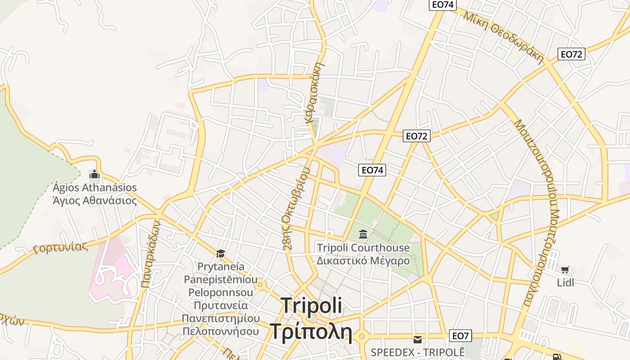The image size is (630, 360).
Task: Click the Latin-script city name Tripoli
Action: click(311, 306)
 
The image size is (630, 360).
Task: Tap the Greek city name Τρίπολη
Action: click(310, 331)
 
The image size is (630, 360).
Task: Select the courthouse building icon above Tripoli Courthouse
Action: click(363, 234)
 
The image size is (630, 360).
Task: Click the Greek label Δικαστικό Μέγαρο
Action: click(363, 261)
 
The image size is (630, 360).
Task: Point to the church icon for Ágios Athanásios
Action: click(94, 174)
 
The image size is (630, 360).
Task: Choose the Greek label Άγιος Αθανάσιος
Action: click(94, 200)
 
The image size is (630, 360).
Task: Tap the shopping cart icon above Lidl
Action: click(565, 270)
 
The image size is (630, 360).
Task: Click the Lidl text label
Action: click(565, 283)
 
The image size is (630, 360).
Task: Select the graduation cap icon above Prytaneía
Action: click(220, 253)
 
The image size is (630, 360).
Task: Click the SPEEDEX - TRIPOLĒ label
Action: click(417, 351)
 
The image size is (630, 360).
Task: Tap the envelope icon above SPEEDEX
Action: click(418, 339)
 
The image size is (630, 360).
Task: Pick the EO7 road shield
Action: click(460, 336)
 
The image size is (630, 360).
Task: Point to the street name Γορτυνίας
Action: click(60, 247)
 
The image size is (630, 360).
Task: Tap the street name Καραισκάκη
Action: click(315, 93)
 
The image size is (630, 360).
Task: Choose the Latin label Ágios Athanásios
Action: click(94, 187)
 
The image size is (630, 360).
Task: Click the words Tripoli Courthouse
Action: click(363, 247)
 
